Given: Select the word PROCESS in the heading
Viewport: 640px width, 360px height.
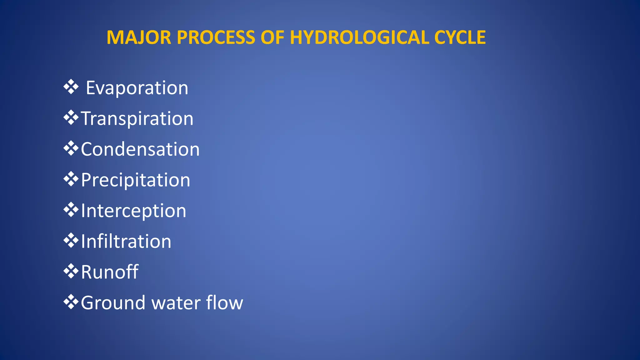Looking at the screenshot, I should [x=216, y=37].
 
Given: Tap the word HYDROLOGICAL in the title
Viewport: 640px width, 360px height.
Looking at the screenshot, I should [x=359, y=37].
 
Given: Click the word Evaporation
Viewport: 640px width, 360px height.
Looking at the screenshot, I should [x=137, y=88].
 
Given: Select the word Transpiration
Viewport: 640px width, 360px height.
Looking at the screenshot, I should [x=137, y=119].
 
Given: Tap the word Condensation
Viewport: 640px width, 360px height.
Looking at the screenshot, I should [x=140, y=149].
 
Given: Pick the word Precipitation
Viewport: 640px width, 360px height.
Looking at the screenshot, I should [x=135, y=180].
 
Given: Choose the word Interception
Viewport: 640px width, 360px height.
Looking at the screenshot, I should [x=133, y=211].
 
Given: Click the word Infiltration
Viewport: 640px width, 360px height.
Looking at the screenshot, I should [x=126, y=241].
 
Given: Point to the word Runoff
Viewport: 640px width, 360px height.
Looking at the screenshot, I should [x=110, y=272].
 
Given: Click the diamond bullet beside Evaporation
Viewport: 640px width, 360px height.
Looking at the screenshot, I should [x=71, y=87].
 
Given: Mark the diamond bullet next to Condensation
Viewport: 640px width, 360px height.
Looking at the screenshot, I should [x=71, y=148].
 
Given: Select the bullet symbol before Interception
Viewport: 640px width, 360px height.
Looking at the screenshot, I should [x=71, y=210].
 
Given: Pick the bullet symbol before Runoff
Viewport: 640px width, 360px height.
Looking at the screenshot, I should [x=71, y=271].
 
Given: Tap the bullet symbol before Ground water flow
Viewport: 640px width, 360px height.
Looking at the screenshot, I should [x=71, y=302].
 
